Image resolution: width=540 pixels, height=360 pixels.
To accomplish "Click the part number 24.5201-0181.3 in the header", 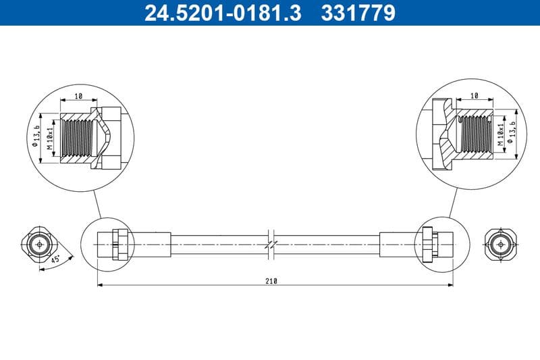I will click(x=223, y=13).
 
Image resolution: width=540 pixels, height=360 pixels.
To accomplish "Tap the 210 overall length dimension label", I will click(x=272, y=280).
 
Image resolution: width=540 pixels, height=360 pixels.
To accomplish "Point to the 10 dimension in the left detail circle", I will click(x=79, y=97).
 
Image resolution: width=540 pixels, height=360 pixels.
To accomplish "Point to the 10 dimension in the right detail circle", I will click(x=474, y=97).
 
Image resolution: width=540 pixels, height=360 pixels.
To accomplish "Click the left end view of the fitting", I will click(x=42, y=243).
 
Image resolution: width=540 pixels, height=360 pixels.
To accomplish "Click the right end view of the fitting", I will click(x=501, y=243).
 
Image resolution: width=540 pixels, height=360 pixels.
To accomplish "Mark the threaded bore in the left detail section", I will click(x=76, y=138).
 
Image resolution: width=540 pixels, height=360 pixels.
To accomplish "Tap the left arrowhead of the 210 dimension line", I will click(x=100, y=285).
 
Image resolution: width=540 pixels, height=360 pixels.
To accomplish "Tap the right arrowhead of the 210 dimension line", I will click(x=450, y=285).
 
